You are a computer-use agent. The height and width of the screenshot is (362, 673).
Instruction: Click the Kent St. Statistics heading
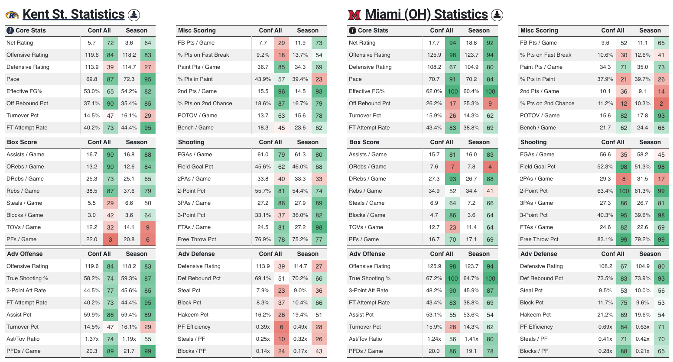click(73, 14)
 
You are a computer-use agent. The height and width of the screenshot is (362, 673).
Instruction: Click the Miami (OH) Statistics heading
click(426, 14)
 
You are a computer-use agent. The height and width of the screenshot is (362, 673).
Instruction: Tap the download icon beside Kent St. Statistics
click(134, 15)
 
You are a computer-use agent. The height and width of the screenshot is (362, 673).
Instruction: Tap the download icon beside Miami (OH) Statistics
click(497, 15)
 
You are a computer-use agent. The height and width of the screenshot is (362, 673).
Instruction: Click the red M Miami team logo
click(354, 15)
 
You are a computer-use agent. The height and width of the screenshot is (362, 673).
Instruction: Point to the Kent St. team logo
click(12, 15)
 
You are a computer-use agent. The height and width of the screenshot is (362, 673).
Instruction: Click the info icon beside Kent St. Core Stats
click(10, 31)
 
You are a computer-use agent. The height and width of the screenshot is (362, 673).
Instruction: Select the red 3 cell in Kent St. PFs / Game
click(111, 239)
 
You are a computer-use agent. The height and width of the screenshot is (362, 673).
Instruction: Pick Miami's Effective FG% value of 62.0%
click(434, 91)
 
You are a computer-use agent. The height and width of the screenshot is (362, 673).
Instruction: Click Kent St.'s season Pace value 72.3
click(129, 79)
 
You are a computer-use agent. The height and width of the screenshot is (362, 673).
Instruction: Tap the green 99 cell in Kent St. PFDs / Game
click(148, 351)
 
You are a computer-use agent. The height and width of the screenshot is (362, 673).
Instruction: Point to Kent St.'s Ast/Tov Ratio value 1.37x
click(92, 339)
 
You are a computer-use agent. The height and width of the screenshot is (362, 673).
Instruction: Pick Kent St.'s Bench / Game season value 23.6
click(300, 128)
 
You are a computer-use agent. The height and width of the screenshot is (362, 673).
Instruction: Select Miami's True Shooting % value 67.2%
click(434, 278)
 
